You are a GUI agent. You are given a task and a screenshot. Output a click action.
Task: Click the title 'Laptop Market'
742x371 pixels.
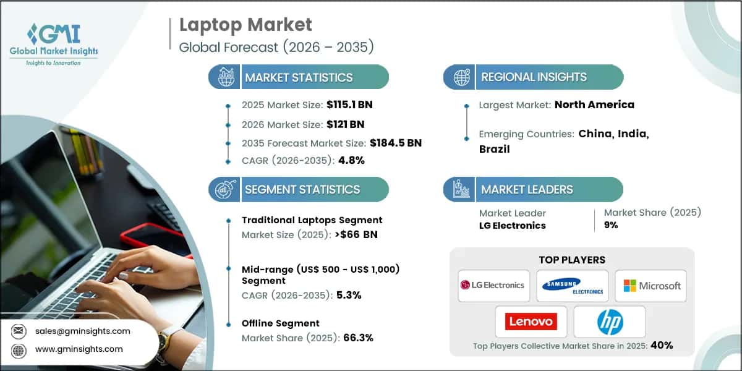245,25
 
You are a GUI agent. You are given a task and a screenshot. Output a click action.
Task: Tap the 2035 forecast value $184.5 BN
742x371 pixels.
395,143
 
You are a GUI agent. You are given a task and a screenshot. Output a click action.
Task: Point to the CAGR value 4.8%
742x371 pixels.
351,160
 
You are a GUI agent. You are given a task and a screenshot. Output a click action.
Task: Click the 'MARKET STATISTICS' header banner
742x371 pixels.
299,77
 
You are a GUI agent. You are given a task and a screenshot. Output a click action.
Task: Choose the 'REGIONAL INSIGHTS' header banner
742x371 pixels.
534,77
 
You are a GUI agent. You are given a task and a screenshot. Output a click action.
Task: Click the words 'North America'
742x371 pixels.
594,104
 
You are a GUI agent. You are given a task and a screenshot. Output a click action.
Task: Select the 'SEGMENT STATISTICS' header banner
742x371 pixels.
299,190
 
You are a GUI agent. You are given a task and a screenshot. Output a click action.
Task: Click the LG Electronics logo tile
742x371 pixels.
493,285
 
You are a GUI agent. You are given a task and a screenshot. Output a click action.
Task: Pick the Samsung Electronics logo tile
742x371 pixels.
572,285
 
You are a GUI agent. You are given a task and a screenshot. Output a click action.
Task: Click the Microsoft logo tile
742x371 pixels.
650,285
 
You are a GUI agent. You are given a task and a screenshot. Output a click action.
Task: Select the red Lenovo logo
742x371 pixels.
531,321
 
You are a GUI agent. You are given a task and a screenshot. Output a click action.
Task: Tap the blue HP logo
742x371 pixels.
610,322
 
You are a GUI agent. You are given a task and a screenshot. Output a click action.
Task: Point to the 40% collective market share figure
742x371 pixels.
661,346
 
